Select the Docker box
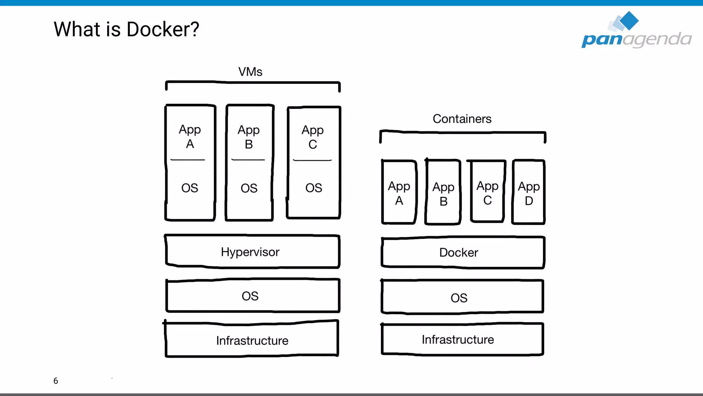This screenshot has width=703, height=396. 462,252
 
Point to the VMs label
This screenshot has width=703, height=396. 250,72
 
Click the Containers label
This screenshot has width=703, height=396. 462,119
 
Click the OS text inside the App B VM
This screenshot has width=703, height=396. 249,188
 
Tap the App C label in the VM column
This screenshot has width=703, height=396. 312,137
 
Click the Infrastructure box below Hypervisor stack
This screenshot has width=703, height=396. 252,340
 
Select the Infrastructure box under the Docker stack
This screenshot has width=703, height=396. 462,339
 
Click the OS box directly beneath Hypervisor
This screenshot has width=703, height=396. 252,296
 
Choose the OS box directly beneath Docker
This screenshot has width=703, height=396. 462,297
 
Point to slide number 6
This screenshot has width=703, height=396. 56,381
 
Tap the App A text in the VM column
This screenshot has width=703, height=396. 190,136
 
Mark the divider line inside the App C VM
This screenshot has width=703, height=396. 312,160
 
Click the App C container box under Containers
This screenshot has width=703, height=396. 487,192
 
